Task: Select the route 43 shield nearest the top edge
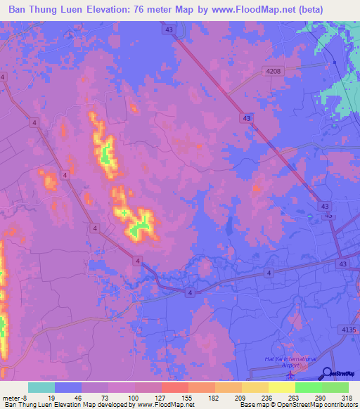click(167, 30)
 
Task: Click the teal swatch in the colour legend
click(41, 387)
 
